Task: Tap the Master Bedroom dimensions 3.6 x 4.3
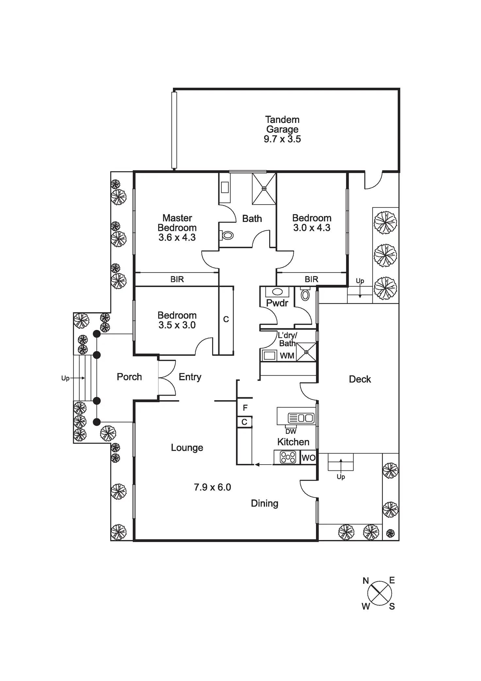pos(177,237)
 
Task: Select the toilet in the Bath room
pos(227,235)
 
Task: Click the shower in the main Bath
pos(264,189)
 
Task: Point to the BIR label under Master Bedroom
pos(177,279)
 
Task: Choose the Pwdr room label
pos(277,303)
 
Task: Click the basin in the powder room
pos(277,292)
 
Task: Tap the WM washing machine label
pos(287,356)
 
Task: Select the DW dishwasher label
pos(291,432)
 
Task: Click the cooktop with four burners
pos(288,457)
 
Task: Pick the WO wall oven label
pos(308,458)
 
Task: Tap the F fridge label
pos(245,408)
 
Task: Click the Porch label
pos(129,377)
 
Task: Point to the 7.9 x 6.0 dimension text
pos(212,487)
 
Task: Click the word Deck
pos(360,379)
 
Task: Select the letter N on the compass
pos(366,581)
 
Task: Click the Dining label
pos(265,503)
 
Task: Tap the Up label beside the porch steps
pos(65,378)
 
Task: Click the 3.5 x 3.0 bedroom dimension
pos(177,325)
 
